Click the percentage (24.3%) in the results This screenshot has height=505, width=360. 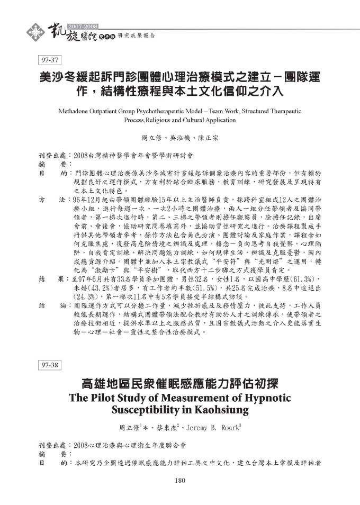pos(85,297)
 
